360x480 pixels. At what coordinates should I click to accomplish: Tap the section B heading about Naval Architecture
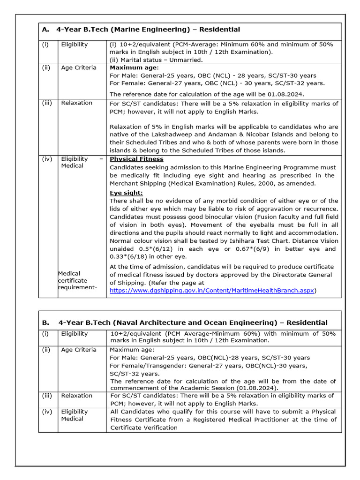pyautogui.click(x=193, y=322)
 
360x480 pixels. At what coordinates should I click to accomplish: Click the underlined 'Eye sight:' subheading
pyautogui.click(x=126, y=193)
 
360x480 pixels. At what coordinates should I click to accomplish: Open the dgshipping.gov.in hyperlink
pyautogui.click(x=212, y=291)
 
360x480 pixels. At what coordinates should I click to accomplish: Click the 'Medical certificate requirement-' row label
pyautogui.click(x=78, y=280)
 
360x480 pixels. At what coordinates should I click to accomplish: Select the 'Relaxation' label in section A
pyautogui.click(x=77, y=103)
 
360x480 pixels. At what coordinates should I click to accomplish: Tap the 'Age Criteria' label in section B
pyautogui.click(x=79, y=350)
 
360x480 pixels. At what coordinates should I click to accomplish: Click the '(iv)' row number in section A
pyautogui.click(x=47, y=159)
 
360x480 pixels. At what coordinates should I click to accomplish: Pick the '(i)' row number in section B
pyautogui.click(x=46, y=334)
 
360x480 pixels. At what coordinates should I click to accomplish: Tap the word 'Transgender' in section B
pyautogui.click(x=156, y=366)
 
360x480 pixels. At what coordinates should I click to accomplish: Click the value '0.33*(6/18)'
pyautogui.click(x=128, y=256)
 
